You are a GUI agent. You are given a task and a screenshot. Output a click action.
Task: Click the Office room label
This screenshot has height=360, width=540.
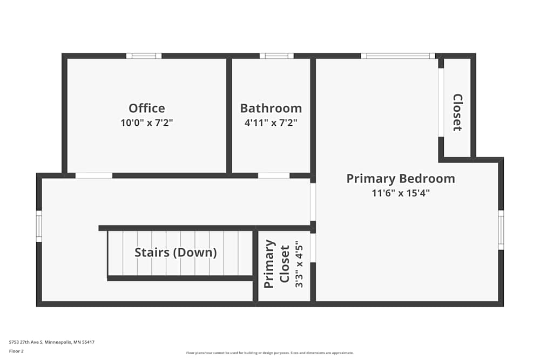pyautogui.click(x=147, y=108)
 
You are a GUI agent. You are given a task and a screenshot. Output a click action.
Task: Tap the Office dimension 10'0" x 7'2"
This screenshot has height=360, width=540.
pyautogui.click(x=147, y=123)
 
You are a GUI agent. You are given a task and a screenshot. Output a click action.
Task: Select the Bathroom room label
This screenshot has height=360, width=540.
pyautogui.click(x=271, y=108)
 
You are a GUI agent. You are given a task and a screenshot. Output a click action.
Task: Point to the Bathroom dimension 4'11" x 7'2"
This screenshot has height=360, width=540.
pyautogui.click(x=271, y=123)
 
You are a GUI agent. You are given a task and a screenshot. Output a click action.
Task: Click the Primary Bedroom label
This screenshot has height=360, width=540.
pyautogui.click(x=401, y=179)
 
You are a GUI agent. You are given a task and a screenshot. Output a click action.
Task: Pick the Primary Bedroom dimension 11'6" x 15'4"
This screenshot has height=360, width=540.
pyautogui.click(x=401, y=193)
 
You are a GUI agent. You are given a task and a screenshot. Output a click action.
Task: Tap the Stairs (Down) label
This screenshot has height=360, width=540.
pyautogui.click(x=175, y=252)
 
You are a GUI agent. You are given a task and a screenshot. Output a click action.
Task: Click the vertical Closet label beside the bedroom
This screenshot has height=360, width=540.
pyautogui.click(x=457, y=112)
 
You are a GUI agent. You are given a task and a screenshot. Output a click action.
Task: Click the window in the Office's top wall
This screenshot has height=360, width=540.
pyautogui.click(x=144, y=56)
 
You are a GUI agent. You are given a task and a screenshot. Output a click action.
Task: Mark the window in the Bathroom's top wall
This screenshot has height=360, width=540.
pyautogui.click(x=276, y=56)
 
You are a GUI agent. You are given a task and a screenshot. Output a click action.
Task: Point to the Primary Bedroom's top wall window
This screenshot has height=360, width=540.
pyautogui.click(x=398, y=56)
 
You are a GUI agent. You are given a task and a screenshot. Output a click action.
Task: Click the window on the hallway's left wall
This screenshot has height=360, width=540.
pyautogui.click(x=39, y=226)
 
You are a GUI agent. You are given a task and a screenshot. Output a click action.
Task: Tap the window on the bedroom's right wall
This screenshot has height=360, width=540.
pyautogui.click(x=501, y=230)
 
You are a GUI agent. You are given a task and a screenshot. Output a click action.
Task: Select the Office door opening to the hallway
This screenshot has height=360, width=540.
pyautogui.click(x=93, y=175)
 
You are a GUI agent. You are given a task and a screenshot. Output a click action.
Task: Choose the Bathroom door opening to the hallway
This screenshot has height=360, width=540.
pyautogui.click(x=274, y=175)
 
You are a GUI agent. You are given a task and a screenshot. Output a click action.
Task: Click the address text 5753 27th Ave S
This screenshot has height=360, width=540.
pyautogui.click(x=48, y=342)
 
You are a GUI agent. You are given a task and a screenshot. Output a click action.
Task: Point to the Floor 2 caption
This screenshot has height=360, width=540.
pyautogui.click(x=16, y=351)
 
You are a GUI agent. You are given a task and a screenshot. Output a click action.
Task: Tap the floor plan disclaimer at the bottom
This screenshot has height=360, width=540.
pyautogui.click(x=270, y=353)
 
